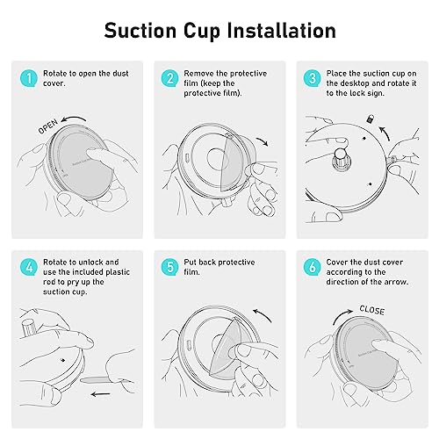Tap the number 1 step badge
click(29, 78)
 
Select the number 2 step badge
click(169, 78)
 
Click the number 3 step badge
click(313, 78)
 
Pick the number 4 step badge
click(29, 267)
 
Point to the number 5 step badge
click(169, 267)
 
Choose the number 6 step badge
click(313, 267)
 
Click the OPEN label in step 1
click(48, 126)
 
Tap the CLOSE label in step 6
click(372, 310)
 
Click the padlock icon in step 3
click(371, 119)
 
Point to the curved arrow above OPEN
click(73, 119)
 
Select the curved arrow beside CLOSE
click(342, 316)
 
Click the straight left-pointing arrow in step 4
click(100, 394)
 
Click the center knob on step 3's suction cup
click(342, 160)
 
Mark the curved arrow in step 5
click(263, 314)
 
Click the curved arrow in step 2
click(263, 141)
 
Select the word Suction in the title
click(140, 31)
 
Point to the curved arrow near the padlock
click(385, 133)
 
